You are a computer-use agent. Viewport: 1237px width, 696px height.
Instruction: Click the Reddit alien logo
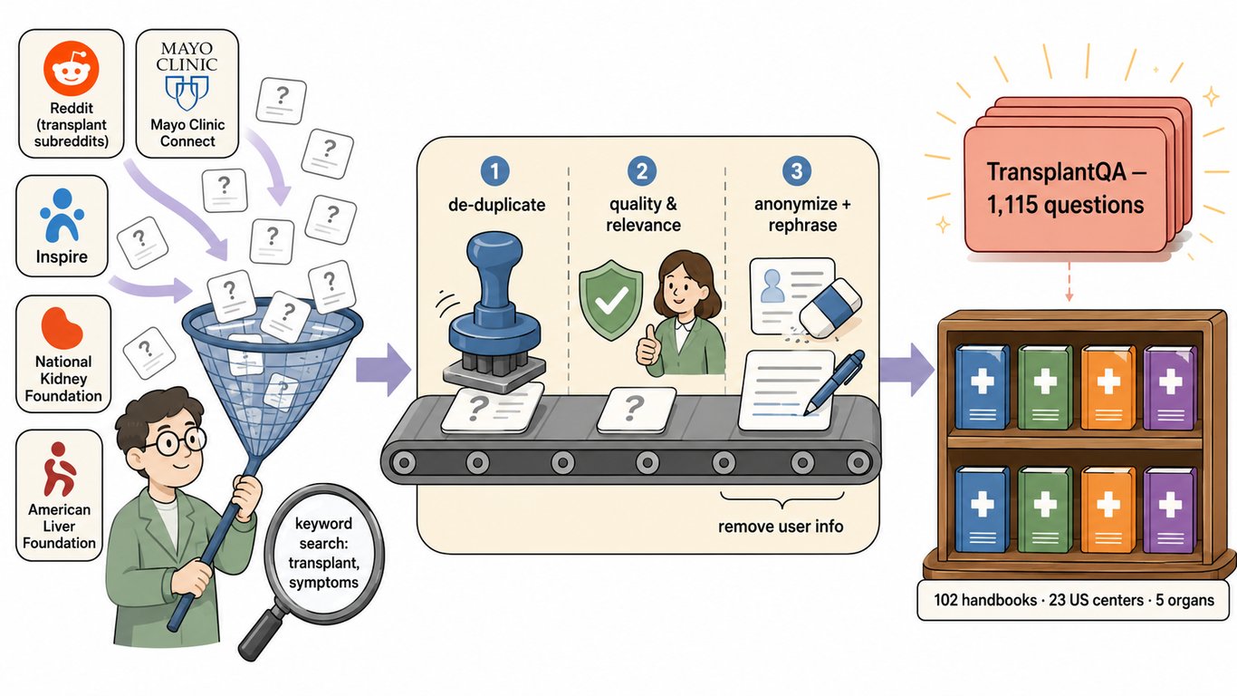pos(72,69)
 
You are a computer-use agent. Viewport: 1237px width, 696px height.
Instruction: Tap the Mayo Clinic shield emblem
pos(187,92)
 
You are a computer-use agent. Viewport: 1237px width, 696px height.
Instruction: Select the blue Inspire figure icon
pos(62,216)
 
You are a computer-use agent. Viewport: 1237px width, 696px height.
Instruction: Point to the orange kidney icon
pos(62,328)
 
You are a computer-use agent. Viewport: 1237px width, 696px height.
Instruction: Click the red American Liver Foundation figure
pos(59,469)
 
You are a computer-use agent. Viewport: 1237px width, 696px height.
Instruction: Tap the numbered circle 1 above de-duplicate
pos(494,170)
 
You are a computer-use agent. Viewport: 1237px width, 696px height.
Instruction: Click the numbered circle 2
pos(642,170)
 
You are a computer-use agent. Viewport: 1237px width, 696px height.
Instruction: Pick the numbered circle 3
pos(796,170)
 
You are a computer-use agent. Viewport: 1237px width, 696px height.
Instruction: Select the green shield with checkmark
pos(610,300)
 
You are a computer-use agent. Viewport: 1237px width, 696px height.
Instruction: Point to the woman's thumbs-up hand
pos(648,346)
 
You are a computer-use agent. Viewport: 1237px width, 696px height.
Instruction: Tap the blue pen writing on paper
pos(834,382)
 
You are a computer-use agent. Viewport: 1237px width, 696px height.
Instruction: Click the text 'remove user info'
pos(781,527)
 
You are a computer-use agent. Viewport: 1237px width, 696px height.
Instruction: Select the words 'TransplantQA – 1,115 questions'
pos(1065,188)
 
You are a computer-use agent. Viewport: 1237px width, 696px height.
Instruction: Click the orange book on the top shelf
pos(1108,387)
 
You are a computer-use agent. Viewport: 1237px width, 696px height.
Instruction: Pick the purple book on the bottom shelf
pos(1170,509)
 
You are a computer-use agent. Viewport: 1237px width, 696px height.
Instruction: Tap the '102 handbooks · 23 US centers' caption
pos(1039,600)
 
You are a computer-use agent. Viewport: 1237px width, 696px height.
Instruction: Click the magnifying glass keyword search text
pos(323,553)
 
